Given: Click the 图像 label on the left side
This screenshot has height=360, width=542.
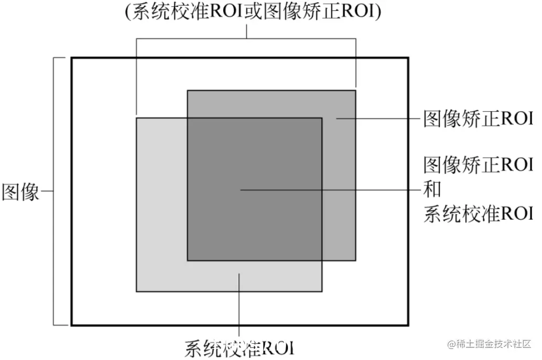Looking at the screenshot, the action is pyautogui.click(x=21, y=192).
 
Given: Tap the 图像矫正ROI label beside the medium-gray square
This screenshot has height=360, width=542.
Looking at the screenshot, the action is pyautogui.click(x=478, y=119).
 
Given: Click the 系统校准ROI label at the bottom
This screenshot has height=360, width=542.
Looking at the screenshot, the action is pyautogui.click(x=240, y=348).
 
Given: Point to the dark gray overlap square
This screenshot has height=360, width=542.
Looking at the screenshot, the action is pyautogui.click(x=254, y=189).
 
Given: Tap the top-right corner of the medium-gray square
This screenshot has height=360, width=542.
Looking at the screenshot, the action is pyautogui.click(x=355, y=91).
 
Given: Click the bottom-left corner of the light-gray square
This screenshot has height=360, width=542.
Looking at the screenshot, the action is pyautogui.click(x=136, y=291).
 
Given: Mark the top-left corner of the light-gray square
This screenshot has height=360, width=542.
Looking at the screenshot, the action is pyautogui.click(x=136, y=118).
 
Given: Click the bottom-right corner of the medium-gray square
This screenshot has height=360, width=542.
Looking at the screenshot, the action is pyautogui.click(x=355, y=260).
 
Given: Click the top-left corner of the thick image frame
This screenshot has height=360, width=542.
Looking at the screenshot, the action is pyautogui.click(x=72, y=58).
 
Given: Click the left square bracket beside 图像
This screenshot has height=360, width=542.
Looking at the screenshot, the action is pyautogui.click(x=55, y=191).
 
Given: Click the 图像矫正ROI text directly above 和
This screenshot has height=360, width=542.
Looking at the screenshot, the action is pyautogui.click(x=478, y=165).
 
